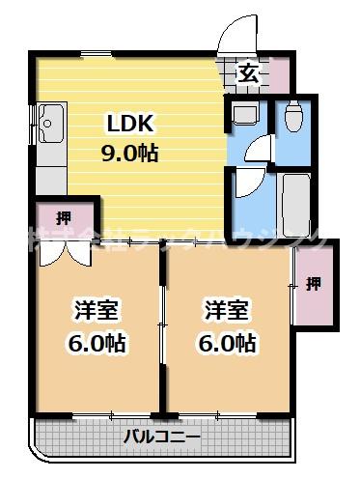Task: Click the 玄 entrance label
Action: coord(248,73)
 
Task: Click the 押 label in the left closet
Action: coord(63,216)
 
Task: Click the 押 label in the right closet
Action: coord(314,283)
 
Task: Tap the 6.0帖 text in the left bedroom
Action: coord(97,342)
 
